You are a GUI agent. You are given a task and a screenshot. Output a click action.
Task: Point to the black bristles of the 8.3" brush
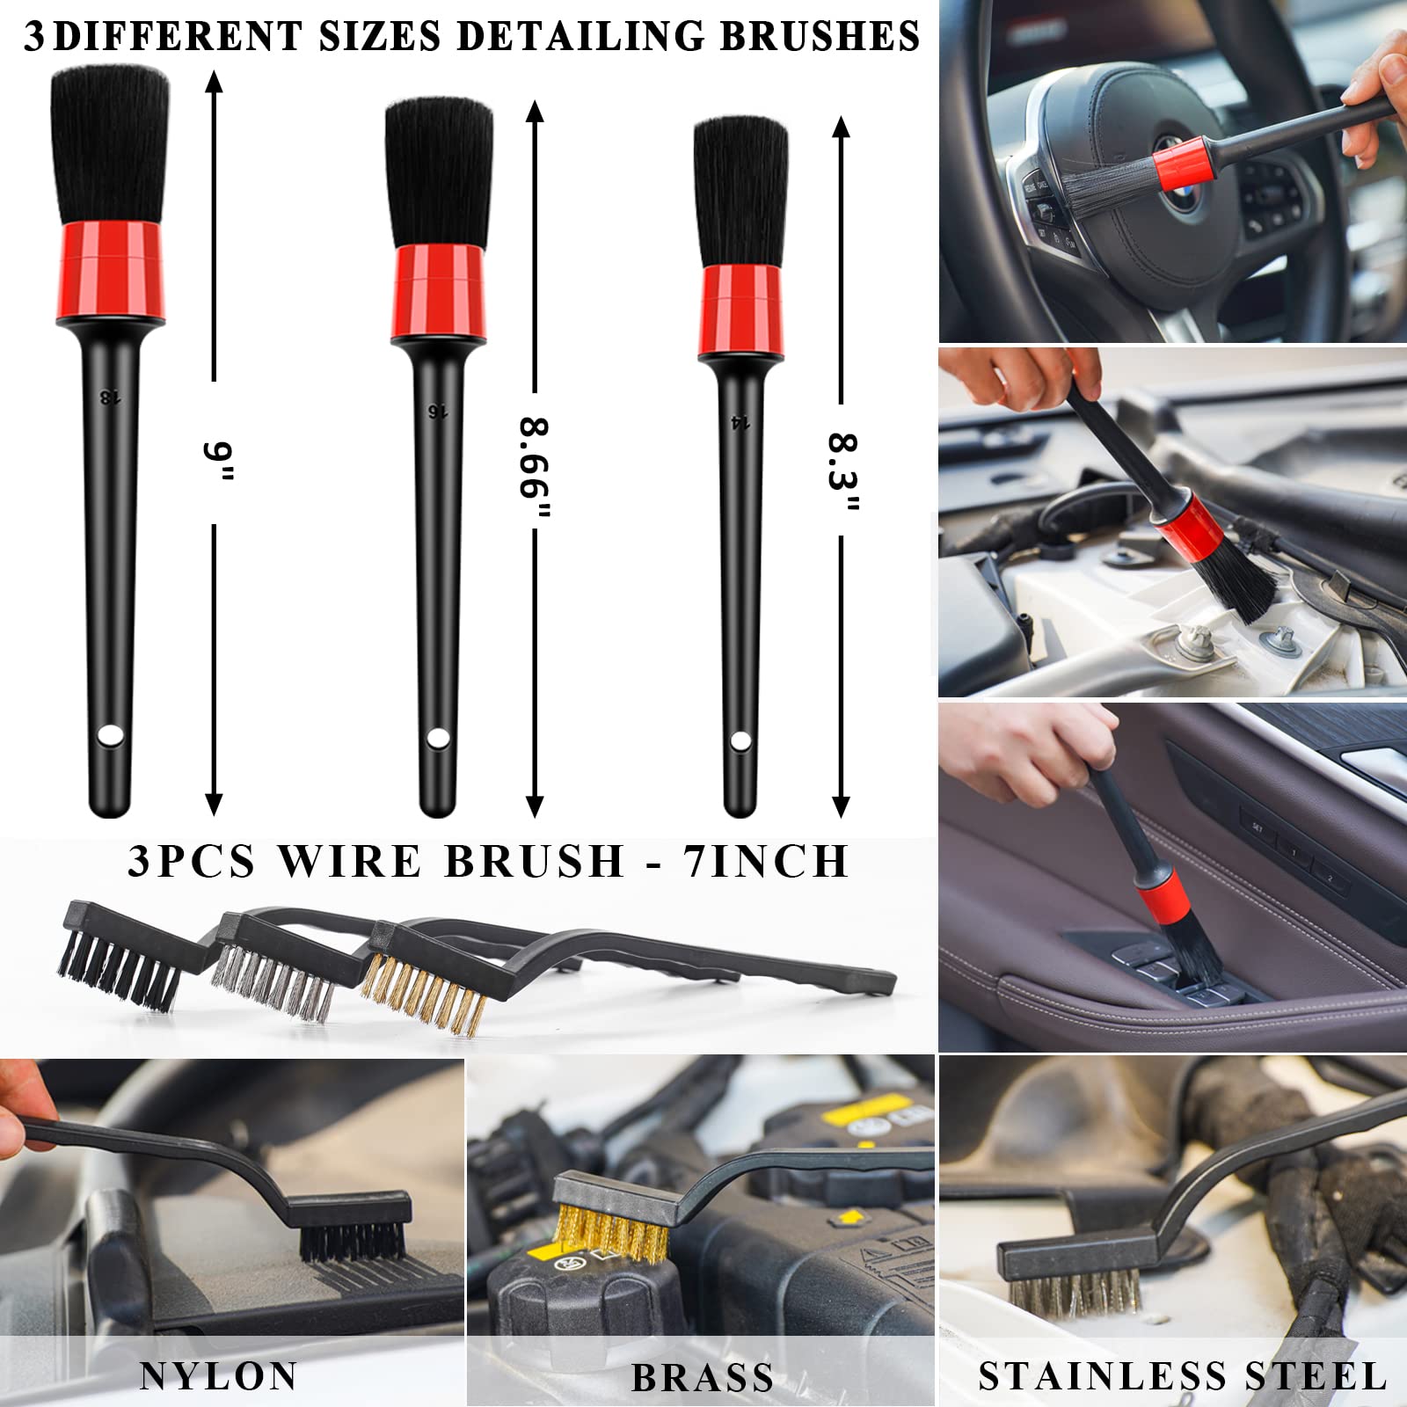pyautogui.click(x=740, y=191)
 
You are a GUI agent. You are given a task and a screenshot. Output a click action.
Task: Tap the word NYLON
pyautogui.click(x=218, y=1376)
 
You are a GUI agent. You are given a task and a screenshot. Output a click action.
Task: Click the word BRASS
pyautogui.click(x=702, y=1378)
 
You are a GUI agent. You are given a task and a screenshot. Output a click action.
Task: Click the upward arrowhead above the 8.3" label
pyautogui.click(x=841, y=128)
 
